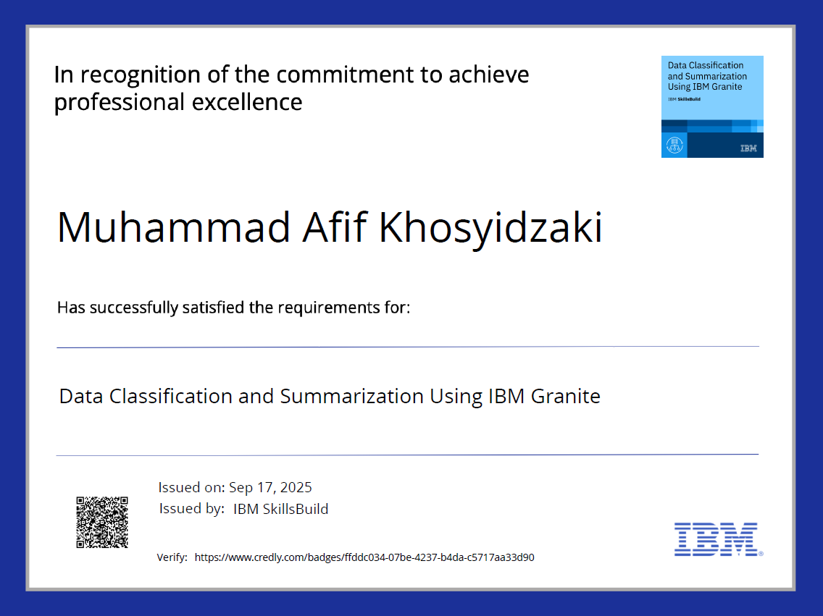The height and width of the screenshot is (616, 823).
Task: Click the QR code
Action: tap(102, 522)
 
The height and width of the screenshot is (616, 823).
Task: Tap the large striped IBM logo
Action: tap(716, 539)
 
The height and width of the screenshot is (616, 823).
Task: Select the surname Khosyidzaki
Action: tap(491, 227)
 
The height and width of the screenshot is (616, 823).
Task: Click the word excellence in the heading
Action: tap(247, 102)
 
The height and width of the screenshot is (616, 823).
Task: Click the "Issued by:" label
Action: tap(191, 509)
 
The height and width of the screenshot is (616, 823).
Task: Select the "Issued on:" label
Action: tap(191, 487)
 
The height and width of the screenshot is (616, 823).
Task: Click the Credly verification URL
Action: tap(364, 557)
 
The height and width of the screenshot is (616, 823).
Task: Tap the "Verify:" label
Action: tap(172, 557)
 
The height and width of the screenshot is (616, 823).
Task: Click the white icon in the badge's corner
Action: tap(674, 145)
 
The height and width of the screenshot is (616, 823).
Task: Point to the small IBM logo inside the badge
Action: tap(748, 148)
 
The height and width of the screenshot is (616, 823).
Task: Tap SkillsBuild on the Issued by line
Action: tap(297, 509)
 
